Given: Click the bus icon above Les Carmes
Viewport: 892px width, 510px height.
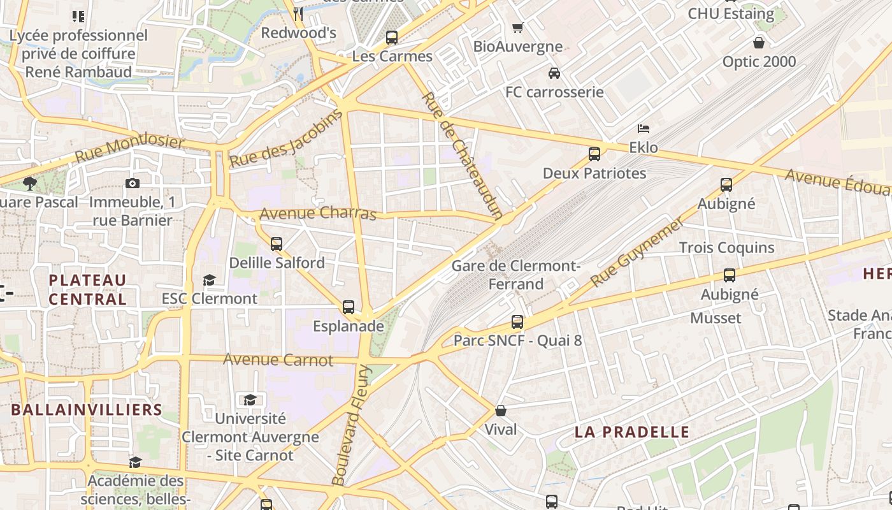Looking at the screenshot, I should click(x=392, y=38).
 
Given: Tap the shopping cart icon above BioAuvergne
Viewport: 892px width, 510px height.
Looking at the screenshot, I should click(x=518, y=27).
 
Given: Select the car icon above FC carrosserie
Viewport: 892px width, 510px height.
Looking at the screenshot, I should click(x=554, y=73).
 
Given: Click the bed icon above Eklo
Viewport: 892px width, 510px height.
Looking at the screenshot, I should click(x=644, y=129).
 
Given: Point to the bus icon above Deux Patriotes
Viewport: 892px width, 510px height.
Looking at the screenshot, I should click(x=594, y=154).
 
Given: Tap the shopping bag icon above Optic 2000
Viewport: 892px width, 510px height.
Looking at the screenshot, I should click(x=759, y=43).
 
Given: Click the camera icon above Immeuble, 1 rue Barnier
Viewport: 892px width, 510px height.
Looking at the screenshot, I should click(x=132, y=184).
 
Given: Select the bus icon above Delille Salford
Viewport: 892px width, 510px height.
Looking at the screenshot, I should click(x=277, y=244).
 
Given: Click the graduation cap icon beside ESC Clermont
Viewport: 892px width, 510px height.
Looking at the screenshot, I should click(x=209, y=280).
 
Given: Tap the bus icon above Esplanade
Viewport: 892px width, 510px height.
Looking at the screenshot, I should click(x=349, y=307).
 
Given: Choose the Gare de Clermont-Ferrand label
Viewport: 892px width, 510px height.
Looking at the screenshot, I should click(x=515, y=275).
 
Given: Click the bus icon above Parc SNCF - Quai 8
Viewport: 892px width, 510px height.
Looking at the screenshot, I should click(x=517, y=322).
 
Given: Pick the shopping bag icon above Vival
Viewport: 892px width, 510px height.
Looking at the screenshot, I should click(x=501, y=411).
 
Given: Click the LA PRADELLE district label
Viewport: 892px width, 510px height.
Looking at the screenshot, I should click(x=632, y=432).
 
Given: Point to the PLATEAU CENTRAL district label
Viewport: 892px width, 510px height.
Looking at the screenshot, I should click(x=88, y=289).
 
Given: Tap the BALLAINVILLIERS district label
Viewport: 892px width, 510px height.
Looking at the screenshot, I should click(x=87, y=409).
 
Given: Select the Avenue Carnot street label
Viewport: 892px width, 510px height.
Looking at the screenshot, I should click(x=278, y=360).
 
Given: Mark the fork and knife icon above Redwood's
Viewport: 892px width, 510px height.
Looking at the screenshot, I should click(x=298, y=13).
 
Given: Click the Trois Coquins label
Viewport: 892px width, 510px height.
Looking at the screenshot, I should click(x=726, y=247).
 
